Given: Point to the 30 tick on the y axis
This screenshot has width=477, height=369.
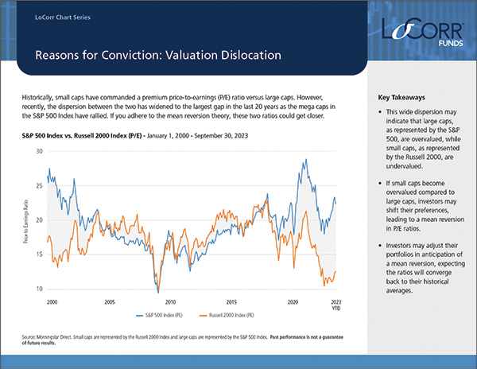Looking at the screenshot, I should [39, 150].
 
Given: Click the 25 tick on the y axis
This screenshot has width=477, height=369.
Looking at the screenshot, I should [39, 184].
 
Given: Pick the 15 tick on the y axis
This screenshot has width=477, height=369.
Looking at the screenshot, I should [39, 254].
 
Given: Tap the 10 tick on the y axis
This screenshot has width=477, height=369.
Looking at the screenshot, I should [39, 289].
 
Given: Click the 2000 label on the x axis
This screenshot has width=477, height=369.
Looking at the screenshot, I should [52, 303].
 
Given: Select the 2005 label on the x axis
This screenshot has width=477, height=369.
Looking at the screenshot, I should [110, 303].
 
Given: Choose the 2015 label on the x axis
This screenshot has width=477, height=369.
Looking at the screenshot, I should [231, 303].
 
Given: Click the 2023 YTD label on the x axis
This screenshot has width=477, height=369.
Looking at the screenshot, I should [335, 306].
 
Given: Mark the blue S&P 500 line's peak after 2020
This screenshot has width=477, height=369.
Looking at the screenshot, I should [306, 160].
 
